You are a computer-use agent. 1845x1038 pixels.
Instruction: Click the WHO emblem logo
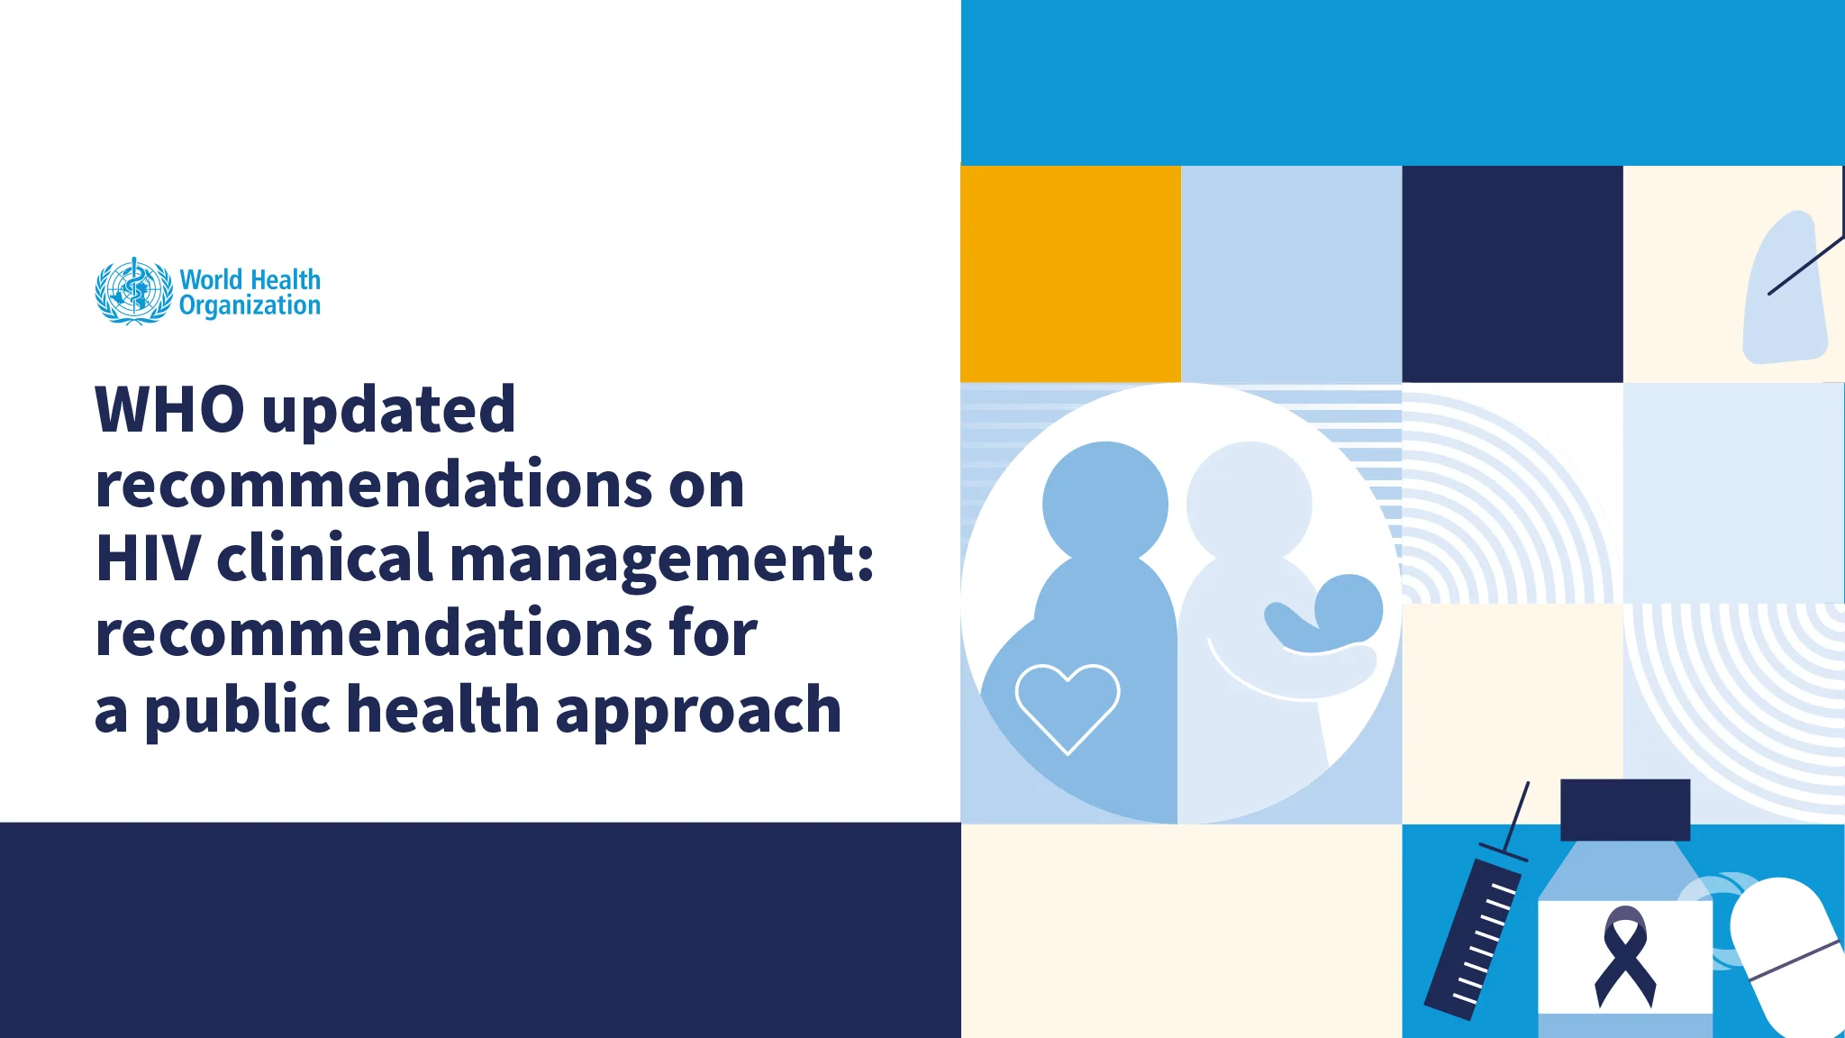coord(133,291)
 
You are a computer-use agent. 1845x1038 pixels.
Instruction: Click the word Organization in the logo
coord(250,306)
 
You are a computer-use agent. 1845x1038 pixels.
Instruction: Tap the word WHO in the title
coord(169,410)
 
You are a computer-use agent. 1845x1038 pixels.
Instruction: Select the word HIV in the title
coord(148,559)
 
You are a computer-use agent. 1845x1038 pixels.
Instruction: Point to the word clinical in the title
coord(325,559)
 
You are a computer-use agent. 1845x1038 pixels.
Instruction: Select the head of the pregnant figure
coord(1104,502)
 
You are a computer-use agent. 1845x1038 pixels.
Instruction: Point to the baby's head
coord(1350,607)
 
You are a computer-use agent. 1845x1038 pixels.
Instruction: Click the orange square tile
coord(1070,274)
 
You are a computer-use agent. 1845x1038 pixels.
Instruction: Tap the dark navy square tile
coord(1512,274)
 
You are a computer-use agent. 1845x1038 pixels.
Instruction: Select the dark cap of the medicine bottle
coord(1624,809)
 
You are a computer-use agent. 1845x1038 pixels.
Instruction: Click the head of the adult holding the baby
coord(1249,502)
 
